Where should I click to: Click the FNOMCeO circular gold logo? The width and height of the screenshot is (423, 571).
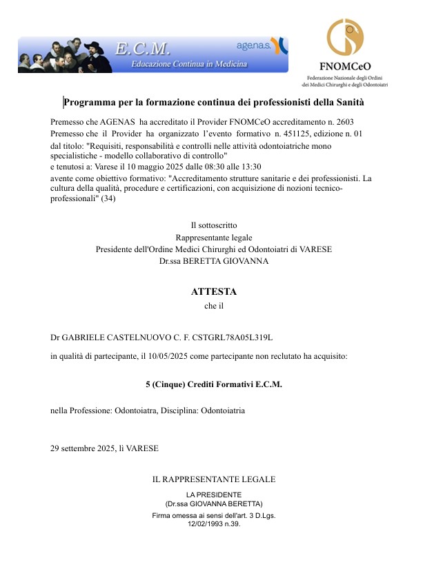point(345,39)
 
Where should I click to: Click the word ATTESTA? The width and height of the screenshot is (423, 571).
point(213,292)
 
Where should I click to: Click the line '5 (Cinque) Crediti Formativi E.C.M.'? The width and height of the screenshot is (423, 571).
point(213,384)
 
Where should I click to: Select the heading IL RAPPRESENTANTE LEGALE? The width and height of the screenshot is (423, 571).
point(213,479)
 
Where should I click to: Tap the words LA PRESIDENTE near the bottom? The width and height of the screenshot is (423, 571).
point(214,495)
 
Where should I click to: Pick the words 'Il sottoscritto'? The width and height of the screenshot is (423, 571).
point(213,225)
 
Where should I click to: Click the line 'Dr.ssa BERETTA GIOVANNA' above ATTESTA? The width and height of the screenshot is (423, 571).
point(213,261)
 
